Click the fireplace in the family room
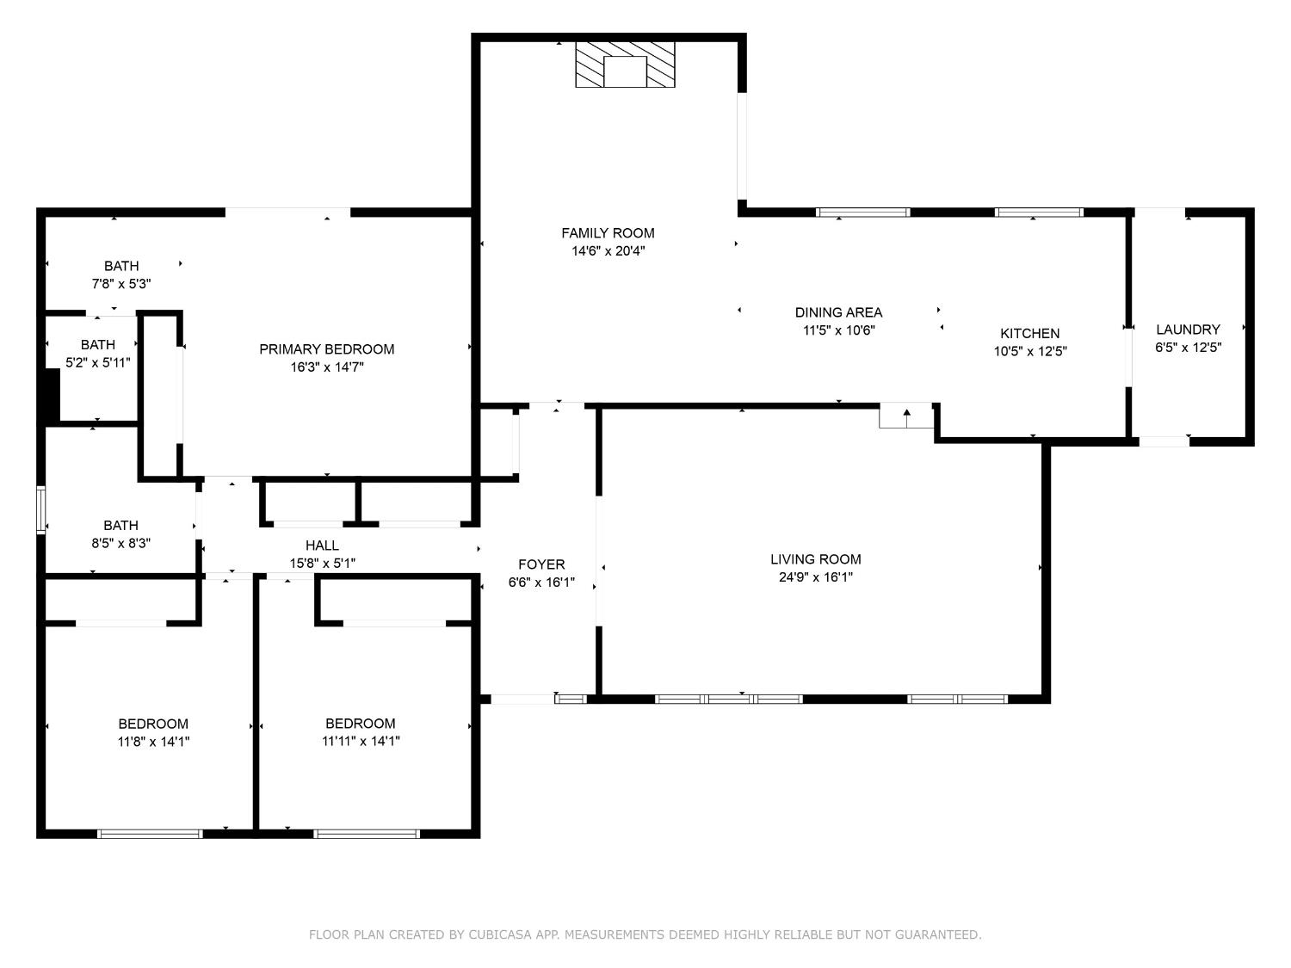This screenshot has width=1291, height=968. click(625, 65)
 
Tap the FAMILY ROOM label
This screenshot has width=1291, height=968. click(608, 233)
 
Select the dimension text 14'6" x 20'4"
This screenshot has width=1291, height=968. click(608, 251)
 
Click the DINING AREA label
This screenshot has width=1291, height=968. click(838, 312)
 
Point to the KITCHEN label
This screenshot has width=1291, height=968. click(1029, 333)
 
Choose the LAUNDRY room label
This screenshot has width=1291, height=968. click(1188, 330)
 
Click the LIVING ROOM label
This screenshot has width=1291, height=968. click(815, 559)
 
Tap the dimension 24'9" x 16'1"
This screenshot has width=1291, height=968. click(815, 577)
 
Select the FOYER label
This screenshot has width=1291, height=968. click(541, 564)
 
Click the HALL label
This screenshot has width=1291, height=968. click(322, 546)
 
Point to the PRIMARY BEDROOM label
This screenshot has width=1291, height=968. click(327, 349)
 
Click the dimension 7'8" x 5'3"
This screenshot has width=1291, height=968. click(121, 283)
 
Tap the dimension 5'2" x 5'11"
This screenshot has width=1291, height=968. click(98, 362)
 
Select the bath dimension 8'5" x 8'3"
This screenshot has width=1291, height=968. click(120, 543)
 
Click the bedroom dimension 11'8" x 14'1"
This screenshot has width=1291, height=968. click(153, 741)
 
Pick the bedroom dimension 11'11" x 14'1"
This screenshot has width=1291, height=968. click(361, 741)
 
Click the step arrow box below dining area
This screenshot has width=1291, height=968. click(906, 416)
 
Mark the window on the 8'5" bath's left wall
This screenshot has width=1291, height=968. click(40, 510)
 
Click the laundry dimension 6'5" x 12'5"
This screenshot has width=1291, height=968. click(1188, 348)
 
